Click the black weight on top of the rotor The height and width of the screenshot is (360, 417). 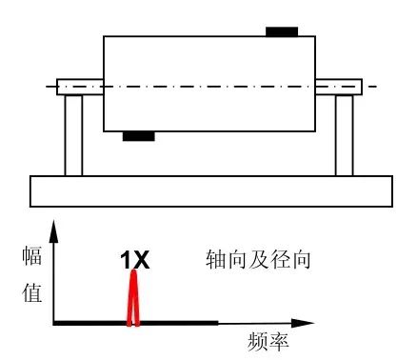(x=281, y=31)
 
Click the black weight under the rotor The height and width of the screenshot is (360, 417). (x=138, y=136)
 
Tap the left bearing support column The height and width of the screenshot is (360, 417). (x=73, y=134)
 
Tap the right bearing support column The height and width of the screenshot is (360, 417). (x=344, y=134)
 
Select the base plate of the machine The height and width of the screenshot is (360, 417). (x=208, y=190)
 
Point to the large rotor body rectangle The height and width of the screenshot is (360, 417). (x=208, y=84)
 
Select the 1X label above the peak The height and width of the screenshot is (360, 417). (x=134, y=258)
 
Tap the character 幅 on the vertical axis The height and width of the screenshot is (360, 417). (x=31, y=256)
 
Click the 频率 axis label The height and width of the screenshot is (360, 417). (x=268, y=341)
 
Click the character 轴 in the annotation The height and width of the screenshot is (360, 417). (x=215, y=258)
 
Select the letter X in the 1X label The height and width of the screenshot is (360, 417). (x=141, y=258)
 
